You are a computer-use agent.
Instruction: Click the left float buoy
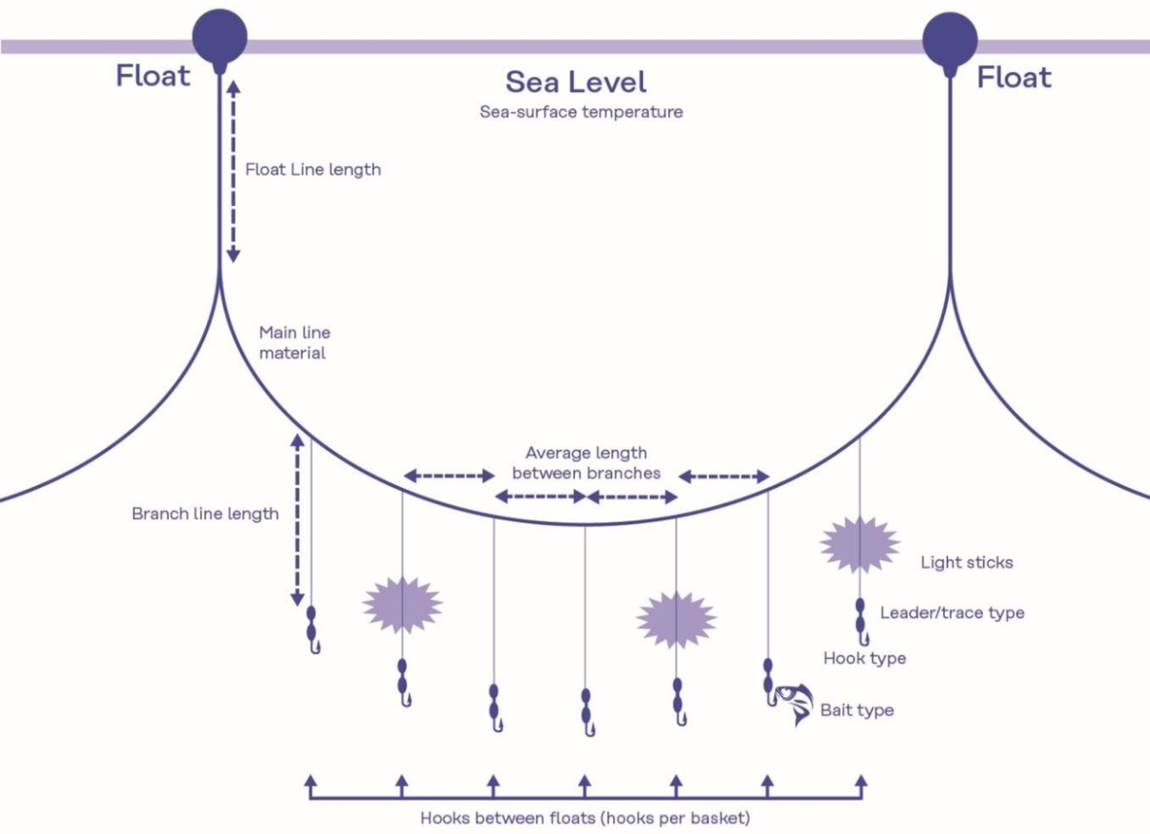pyautogui.click(x=219, y=38)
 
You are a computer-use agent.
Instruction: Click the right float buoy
pyautogui.click(x=950, y=40)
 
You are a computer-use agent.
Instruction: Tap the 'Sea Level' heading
pyautogui.click(x=576, y=82)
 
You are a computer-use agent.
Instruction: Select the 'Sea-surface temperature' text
pyautogui.click(x=581, y=112)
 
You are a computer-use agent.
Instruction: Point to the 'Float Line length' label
pyautogui.click(x=313, y=170)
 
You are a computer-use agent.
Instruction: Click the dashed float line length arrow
pyautogui.click(x=234, y=172)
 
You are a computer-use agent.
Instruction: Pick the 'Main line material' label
pyautogui.click(x=294, y=342)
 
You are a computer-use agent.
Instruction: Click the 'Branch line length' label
pyautogui.click(x=205, y=514)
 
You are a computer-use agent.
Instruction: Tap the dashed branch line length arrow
pyautogui.click(x=297, y=521)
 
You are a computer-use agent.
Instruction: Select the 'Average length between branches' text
pyautogui.click(x=586, y=463)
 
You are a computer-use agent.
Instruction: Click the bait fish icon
pyautogui.click(x=794, y=704)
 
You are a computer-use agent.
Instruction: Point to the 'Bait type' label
pyautogui.click(x=858, y=710)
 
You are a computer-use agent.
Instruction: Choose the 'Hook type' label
pyautogui.click(x=864, y=659)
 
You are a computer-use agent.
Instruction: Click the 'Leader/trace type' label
pyautogui.click(x=953, y=613)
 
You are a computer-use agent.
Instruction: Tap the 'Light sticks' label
pyautogui.click(x=967, y=563)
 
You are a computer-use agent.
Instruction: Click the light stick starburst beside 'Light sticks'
pyautogui.click(x=860, y=544)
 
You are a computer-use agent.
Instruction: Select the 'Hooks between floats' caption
pyautogui.click(x=586, y=818)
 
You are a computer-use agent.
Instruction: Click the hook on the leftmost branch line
pyautogui.click(x=315, y=647)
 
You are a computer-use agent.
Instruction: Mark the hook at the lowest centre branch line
pyautogui.click(x=590, y=730)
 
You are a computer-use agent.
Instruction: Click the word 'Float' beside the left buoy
pyautogui.click(x=153, y=76)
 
